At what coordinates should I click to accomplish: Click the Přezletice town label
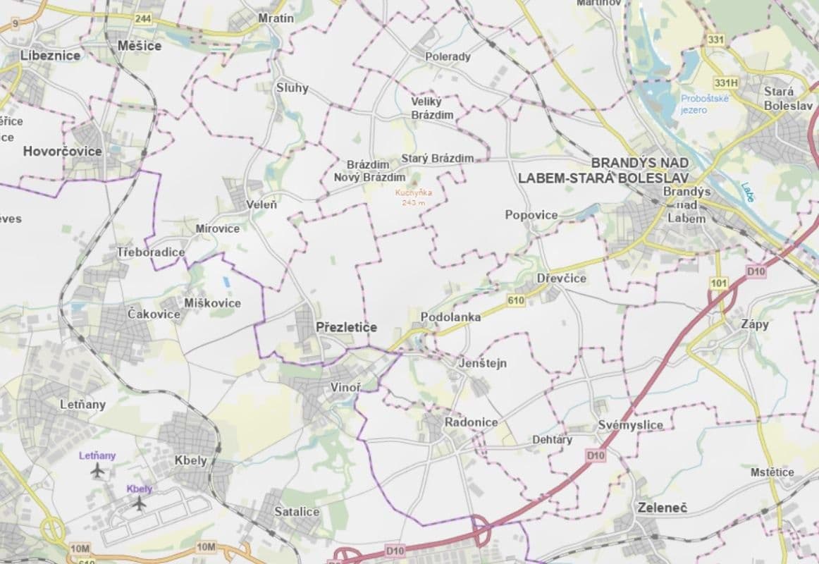pos(346,327)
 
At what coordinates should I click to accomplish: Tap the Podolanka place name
pos(450,317)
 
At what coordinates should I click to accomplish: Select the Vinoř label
pos(346,387)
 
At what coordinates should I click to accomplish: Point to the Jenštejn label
pos(483,363)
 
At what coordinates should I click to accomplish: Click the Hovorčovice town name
pos(62,151)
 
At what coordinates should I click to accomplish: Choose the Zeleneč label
pos(662,508)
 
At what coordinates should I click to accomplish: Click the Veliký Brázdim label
pos(433,108)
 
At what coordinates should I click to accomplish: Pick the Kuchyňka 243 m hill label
pos(414,197)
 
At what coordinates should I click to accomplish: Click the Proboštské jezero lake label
pos(704,104)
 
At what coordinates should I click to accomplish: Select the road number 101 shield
pos(719,283)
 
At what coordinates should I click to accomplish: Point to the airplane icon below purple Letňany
pos(97,471)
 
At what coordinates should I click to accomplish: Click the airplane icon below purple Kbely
pos(140,503)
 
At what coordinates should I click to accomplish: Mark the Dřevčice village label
pos(561,278)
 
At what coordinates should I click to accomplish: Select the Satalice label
pos(297,512)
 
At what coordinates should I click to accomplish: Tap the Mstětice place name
pos(772,472)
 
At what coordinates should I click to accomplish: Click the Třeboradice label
pos(151,252)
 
